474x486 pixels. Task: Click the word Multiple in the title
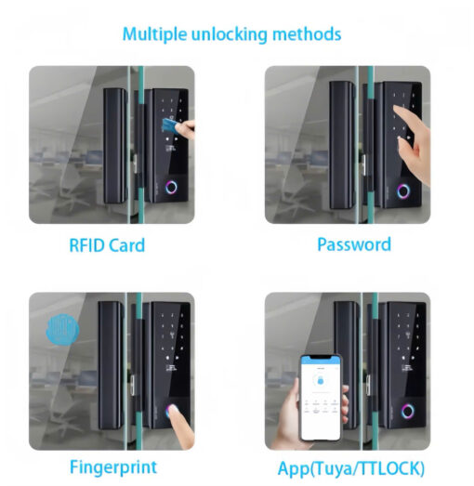coord(154,34)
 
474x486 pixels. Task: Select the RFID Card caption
coord(107,245)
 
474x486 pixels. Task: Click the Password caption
coord(354,244)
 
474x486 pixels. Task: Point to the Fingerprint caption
coord(113,467)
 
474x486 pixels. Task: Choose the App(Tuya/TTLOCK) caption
coord(351,468)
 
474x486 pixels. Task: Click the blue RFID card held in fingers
coord(170,125)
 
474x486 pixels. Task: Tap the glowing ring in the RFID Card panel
coord(171,188)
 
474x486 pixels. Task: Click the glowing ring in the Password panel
coord(403,191)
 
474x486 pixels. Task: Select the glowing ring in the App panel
coord(408,411)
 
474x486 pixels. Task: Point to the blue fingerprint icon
coord(62,329)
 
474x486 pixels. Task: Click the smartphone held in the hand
coord(322,398)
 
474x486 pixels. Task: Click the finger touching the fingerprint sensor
coord(180,427)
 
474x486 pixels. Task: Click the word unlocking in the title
coord(230,34)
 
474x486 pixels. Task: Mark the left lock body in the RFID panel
coord(115,146)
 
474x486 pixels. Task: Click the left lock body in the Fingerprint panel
coord(111,365)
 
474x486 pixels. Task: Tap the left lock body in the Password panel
coord(342,145)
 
